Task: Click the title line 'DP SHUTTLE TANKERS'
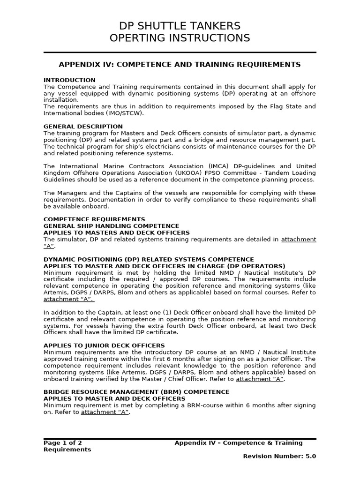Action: [180, 26]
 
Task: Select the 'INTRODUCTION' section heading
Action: [69, 80]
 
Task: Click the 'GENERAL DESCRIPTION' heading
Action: [83, 127]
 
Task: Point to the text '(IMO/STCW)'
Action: [127, 113]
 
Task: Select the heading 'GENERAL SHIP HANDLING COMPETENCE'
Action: [111, 226]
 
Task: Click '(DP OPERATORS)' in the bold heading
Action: [256, 266]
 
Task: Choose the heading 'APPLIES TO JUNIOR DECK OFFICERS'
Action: [104, 345]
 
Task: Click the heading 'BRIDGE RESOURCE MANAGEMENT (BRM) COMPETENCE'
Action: [136, 392]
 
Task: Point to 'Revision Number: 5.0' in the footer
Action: [279, 456]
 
